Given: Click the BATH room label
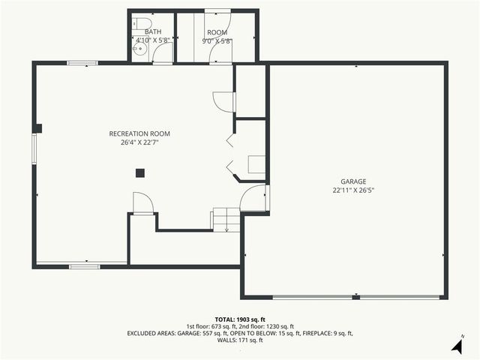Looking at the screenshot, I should coord(153,32).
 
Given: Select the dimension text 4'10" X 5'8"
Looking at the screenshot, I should coord(153,40).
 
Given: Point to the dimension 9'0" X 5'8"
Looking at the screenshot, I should coord(217,40).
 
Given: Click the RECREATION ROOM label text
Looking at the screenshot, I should coord(139,133).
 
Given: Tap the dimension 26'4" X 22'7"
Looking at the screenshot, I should coord(139,142).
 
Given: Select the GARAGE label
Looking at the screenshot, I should coord(353,181).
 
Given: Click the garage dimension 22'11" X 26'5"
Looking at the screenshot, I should coord(353,190).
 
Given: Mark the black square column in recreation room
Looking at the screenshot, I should coord(140,173).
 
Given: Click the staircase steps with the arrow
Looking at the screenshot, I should coord(226,220).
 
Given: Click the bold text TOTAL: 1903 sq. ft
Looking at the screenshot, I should coord(239,319).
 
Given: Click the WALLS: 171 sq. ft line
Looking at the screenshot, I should coord(239,340).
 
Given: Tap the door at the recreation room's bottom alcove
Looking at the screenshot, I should coord(142,202).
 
